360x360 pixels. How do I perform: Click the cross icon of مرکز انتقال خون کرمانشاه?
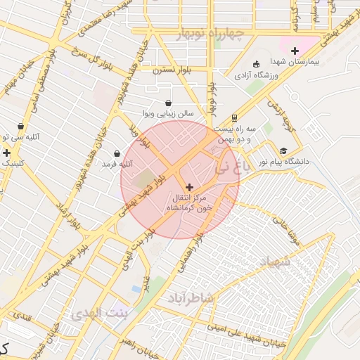(x=189, y=186)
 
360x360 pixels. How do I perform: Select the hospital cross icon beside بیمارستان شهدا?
(x=295, y=51)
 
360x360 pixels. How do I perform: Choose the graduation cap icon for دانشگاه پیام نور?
(x=283, y=150)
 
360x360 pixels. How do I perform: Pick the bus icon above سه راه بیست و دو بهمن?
(x=234, y=118)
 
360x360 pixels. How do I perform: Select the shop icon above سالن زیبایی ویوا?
(x=168, y=103)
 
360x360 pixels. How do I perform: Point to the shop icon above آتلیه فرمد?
(x=117, y=153)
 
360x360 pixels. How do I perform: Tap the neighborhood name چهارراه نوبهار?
(x=210, y=33)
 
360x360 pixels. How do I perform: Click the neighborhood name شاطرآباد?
(x=189, y=298)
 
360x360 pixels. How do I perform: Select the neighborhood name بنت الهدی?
(x=100, y=312)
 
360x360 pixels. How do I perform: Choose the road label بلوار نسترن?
(x=176, y=71)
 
